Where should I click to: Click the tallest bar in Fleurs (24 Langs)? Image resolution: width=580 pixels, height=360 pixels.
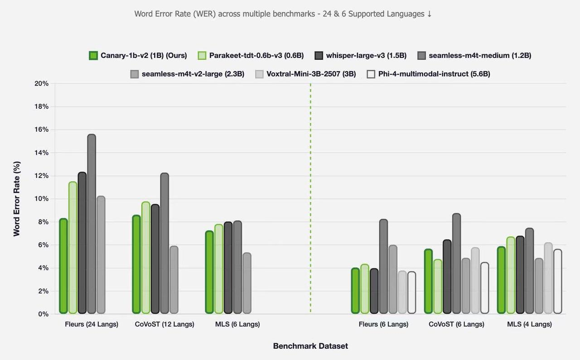pyautogui.click(x=92, y=224)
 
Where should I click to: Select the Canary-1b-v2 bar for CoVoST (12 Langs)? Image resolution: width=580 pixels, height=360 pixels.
pyautogui.click(x=136, y=264)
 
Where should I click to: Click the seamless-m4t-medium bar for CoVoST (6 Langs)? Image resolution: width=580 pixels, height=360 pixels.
pyautogui.click(x=456, y=264)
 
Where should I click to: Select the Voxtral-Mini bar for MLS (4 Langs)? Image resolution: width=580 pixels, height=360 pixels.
pyautogui.click(x=548, y=278)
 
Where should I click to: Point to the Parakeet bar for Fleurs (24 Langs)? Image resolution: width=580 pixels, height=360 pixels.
pyautogui.click(x=73, y=248)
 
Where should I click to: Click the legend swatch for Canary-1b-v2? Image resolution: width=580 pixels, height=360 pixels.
pyautogui.click(x=93, y=56)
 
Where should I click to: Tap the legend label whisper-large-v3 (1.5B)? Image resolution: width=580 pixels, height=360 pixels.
pyautogui.click(x=366, y=56)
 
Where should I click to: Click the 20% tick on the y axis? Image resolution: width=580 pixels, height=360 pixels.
pyautogui.click(x=42, y=84)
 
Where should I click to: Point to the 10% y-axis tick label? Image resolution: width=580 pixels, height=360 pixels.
pyautogui.click(x=42, y=199)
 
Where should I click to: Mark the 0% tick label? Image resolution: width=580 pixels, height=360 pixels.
pyautogui.click(x=43, y=314)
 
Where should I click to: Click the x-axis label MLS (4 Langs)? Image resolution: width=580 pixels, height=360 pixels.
pyautogui.click(x=529, y=324)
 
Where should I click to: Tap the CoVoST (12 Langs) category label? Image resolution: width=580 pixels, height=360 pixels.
pyautogui.click(x=164, y=324)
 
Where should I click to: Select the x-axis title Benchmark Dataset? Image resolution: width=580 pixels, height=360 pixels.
pyautogui.click(x=310, y=346)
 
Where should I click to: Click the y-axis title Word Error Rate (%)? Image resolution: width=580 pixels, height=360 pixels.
pyautogui.click(x=17, y=198)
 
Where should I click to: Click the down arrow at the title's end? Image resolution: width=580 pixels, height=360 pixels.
pyautogui.click(x=429, y=14)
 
